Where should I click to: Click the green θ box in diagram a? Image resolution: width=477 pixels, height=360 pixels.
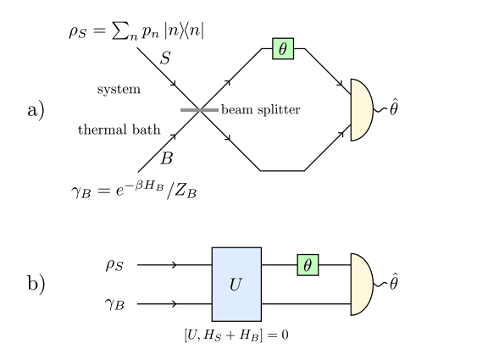tap(283, 48)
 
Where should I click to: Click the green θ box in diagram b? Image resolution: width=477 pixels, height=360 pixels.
tap(308, 265)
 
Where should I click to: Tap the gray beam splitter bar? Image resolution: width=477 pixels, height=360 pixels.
tap(199, 109)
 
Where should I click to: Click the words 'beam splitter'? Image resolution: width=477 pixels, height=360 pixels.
tap(260, 110)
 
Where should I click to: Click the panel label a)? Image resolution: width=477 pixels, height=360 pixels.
tap(36, 109)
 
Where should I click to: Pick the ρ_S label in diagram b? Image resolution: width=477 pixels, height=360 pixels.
tap(114, 265)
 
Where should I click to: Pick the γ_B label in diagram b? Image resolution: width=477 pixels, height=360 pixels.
tap(114, 303)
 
